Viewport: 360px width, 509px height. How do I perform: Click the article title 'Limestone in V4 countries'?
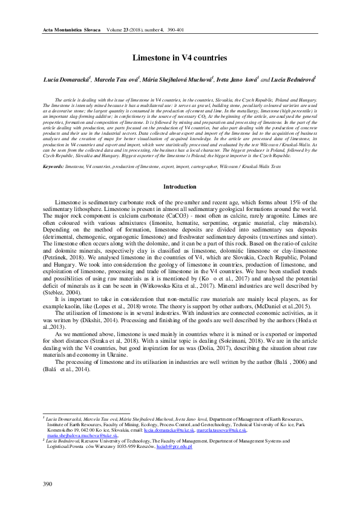(180, 58)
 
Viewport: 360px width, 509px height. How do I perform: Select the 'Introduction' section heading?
(180, 187)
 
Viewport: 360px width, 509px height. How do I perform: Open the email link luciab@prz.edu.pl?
(174, 446)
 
